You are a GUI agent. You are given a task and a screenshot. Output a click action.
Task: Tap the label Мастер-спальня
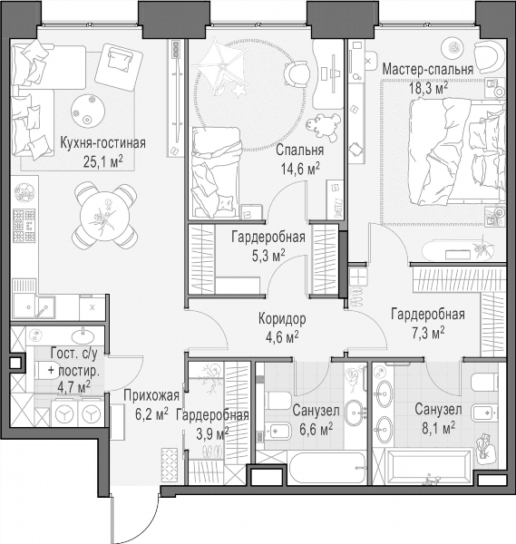click(x=427, y=69)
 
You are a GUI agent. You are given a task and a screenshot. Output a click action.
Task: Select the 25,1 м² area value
click(x=103, y=161)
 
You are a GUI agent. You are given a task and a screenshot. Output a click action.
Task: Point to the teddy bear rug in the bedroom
click(x=323, y=127)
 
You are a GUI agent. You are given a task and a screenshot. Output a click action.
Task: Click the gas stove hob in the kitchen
click(x=24, y=226)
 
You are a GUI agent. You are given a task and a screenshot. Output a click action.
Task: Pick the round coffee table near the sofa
click(x=88, y=111)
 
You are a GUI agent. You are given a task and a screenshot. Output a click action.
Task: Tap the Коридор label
click(x=282, y=319)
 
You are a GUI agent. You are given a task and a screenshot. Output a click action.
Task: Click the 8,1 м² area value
click(x=438, y=429)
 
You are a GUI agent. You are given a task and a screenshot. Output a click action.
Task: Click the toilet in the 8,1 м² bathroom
click(x=484, y=383)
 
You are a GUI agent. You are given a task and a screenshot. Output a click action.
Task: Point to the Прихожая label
click(x=151, y=396)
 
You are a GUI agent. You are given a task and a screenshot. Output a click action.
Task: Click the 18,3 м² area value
click(x=428, y=88)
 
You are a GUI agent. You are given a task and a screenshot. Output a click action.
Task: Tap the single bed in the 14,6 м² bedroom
click(x=217, y=173)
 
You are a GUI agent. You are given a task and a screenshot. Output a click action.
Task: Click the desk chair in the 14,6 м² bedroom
click(x=297, y=74)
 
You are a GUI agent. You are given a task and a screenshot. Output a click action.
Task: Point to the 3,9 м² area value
click(x=212, y=433)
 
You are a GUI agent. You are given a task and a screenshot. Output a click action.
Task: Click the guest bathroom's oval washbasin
click(x=83, y=335)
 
